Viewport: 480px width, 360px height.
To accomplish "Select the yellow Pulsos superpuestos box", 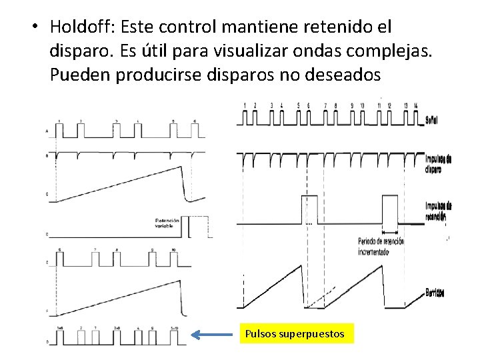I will coord(296,333).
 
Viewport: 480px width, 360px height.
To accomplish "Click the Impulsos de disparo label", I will coord(438,163).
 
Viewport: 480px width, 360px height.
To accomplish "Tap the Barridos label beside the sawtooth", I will coord(435,293).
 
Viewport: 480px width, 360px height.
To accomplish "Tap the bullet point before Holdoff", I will coord(34,28).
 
